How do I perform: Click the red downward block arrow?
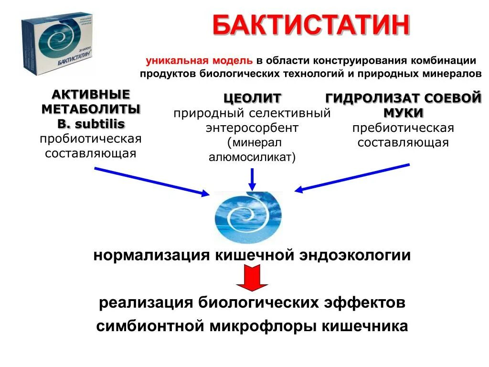pyautogui.click(x=252, y=279)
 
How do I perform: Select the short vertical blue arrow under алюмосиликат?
pyautogui.click(x=253, y=179)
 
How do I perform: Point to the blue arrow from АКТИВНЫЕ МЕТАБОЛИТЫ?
pyautogui.click(x=152, y=181)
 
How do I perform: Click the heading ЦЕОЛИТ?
pyautogui.click(x=252, y=98)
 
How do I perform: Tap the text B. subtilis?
pyautogui.click(x=91, y=124)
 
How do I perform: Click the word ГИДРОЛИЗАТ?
pyautogui.click(x=366, y=98)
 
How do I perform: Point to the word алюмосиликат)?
pyautogui.click(x=252, y=157)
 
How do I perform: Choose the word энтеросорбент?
pyautogui.click(x=252, y=128)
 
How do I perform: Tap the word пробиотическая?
pyautogui.click(x=91, y=139)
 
